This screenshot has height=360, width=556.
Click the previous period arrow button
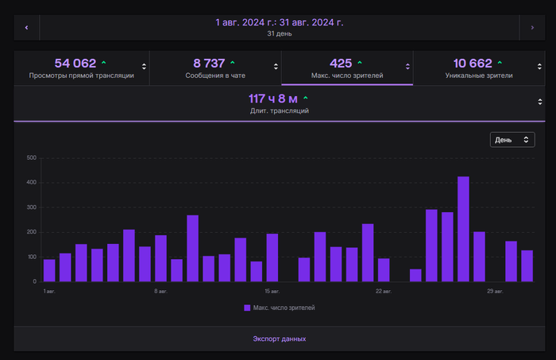(26, 27)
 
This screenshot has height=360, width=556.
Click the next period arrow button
(531, 27)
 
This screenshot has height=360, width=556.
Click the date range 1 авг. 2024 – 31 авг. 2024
(280, 22)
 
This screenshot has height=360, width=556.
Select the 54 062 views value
(75, 63)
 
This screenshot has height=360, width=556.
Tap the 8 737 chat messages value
(210, 63)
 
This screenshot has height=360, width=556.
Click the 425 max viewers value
(341, 63)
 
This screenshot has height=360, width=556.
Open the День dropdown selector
(512, 140)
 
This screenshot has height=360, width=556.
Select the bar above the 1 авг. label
(49, 270)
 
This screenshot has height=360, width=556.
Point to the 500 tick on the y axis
(32, 157)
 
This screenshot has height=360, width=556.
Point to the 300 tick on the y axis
(32, 207)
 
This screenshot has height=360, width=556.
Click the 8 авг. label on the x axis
(160, 291)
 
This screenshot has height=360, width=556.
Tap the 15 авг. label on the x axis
(272, 291)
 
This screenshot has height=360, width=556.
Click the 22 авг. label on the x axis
(383, 291)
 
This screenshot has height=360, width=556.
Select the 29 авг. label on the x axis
(495, 291)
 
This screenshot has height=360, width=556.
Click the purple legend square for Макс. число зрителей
(247, 308)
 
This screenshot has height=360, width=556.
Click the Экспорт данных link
(280, 339)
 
